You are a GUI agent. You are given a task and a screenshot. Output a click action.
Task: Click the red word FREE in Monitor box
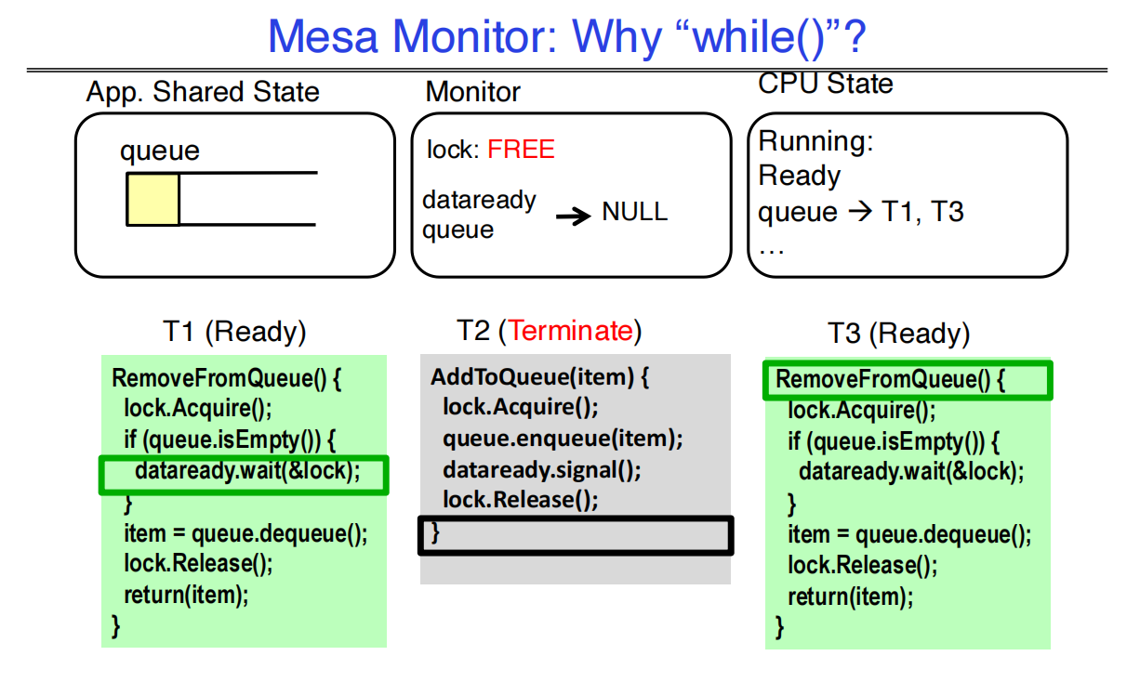(521, 150)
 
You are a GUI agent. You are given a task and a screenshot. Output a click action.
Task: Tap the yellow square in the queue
(153, 199)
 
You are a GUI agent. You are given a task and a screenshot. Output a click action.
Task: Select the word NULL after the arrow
(634, 212)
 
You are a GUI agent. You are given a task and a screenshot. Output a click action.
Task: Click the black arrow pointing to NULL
(574, 216)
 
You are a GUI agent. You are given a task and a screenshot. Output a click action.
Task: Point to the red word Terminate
(571, 331)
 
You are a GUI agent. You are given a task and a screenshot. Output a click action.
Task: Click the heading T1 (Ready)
(234, 332)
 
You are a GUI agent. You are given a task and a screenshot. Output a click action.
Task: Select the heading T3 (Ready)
(898, 334)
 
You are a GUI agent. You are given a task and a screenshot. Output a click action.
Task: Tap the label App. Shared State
(203, 92)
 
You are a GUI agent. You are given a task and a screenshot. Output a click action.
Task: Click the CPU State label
(826, 84)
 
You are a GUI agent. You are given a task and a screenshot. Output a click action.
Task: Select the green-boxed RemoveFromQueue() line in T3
(890, 380)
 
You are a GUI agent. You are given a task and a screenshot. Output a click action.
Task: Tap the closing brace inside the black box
(435, 532)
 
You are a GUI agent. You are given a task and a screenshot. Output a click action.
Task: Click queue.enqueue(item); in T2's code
(563, 439)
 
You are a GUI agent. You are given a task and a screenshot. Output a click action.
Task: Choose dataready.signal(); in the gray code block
(541, 470)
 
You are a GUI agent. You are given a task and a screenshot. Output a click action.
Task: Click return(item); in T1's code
(186, 596)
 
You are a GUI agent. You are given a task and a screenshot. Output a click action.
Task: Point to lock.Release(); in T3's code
(862, 565)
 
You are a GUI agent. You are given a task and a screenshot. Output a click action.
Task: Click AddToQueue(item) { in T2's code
(539, 378)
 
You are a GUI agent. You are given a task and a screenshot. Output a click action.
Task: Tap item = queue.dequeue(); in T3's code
(909, 535)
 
